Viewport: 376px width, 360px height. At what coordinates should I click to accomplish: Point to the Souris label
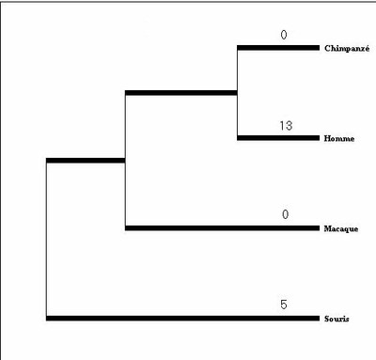coord(336,319)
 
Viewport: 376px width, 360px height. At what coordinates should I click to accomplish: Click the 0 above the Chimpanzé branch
coord(282,35)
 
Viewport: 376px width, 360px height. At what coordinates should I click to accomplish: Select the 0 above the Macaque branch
coord(285,215)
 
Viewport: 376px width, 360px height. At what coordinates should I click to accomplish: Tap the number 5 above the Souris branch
coord(283,305)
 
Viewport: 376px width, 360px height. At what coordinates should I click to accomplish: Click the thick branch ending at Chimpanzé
coord(278,47)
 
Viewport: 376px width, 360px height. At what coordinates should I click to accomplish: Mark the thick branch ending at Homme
coord(278,138)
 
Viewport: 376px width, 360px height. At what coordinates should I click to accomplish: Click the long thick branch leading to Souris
coord(182,319)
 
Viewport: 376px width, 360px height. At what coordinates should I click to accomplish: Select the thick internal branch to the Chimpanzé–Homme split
coord(181,92)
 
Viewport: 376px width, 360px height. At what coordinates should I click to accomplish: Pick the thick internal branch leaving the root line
coord(86,161)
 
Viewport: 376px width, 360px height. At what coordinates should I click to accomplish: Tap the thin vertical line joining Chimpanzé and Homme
coord(238,92)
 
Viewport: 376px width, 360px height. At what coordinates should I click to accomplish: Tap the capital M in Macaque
coord(325,228)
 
